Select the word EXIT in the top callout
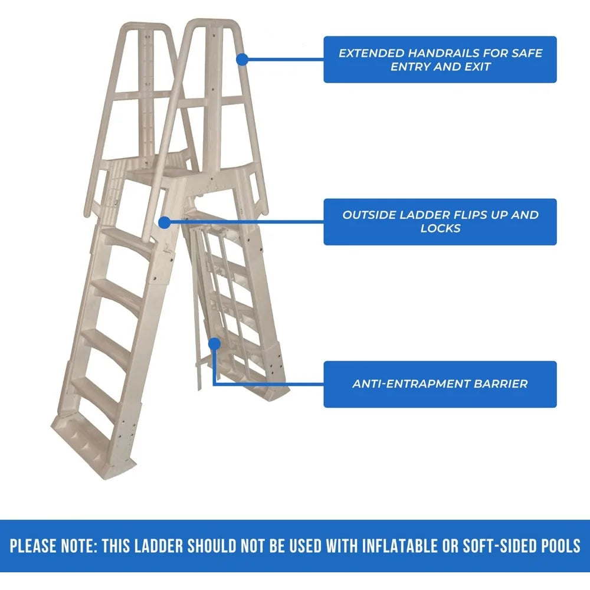point(476,67)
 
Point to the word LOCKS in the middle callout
point(440,228)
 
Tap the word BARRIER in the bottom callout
point(500,383)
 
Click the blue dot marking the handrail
point(241,59)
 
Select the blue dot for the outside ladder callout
point(165,222)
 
